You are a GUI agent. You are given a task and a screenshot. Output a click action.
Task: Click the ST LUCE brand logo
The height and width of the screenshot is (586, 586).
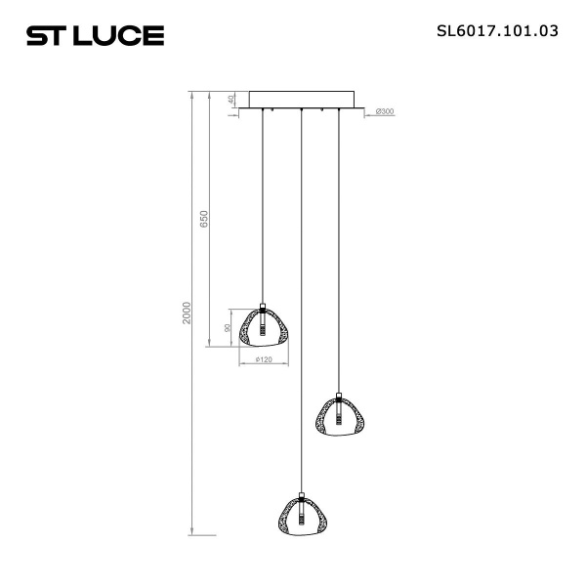click(95, 36)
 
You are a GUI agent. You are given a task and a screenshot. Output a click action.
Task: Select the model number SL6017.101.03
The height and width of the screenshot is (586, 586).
click(497, 30)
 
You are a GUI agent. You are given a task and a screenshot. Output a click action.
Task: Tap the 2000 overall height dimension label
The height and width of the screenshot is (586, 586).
click(187, 314)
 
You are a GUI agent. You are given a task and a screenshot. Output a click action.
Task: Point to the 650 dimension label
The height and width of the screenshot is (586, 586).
click(204, 219)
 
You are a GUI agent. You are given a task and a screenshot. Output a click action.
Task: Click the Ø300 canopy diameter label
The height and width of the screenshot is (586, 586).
click(385, 112)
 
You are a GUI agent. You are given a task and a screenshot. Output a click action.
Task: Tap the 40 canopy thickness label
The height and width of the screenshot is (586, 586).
click(231, 100)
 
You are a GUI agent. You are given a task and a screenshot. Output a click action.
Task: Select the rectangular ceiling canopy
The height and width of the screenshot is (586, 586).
click(302, 100)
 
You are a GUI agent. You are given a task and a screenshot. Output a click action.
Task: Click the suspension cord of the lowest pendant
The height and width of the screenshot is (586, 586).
click(302, 293)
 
